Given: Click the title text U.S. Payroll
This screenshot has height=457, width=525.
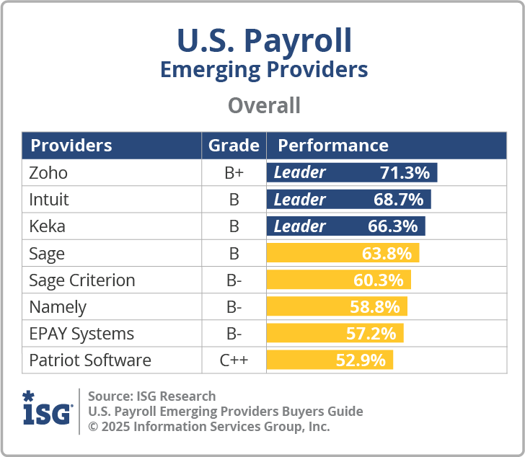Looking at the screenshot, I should pos(264,41).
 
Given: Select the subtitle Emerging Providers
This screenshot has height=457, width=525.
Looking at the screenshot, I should pos(264,70).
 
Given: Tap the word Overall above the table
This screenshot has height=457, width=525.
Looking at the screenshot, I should pos(264,106).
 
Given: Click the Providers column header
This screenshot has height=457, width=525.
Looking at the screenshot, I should pos(71,146).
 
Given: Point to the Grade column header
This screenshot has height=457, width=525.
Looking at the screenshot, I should pos(234,146).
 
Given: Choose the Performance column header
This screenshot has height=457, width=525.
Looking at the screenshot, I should pos(333,146).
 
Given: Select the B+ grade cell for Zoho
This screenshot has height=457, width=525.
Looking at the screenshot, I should pos(234,173).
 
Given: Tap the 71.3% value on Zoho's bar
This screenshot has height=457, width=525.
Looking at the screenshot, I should pos(405,173).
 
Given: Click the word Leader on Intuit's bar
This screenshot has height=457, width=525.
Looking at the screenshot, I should pos(300,200).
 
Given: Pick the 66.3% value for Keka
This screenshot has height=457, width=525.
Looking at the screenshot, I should pos(392,226).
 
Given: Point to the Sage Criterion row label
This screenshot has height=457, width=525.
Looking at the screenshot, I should pos(81,280).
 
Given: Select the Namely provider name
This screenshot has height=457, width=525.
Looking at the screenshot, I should pos(58,307).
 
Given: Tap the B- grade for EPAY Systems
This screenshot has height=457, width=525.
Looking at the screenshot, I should pos(234,334).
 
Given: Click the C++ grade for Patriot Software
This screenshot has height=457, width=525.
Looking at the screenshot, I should pos(234,360).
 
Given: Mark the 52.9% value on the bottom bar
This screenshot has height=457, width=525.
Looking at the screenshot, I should pos(361,360).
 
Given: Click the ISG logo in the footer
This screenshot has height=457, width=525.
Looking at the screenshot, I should pos(48,409).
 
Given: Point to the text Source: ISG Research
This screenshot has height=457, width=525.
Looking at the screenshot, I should pos(151,396).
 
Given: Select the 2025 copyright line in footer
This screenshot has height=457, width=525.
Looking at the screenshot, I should pos(208,426).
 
